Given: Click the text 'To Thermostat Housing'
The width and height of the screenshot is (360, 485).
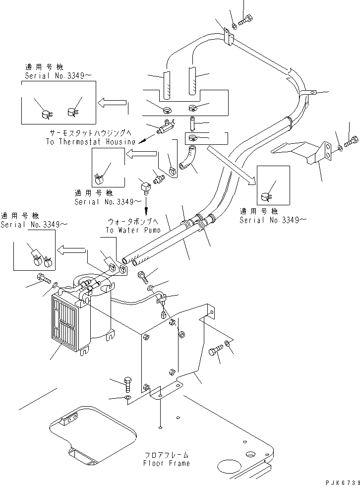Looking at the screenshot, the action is pyautogui.click(x=91, y=142).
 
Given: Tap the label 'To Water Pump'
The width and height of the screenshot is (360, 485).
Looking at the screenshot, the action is pyautogui.click(x=133, y=230).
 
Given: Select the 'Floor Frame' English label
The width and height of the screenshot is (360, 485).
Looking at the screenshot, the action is pyautogui.click(x=167, y=463).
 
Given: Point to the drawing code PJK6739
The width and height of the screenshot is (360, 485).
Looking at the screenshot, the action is pyautogui.click(x=342, y=482).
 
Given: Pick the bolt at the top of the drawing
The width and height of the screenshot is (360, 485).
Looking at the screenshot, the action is pyautogui.click(x=246, y=20).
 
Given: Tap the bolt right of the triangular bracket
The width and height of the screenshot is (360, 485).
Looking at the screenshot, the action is pyautogui.click(x=352, y=141).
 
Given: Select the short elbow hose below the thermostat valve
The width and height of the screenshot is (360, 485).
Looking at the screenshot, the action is pyautogui.click(x=187, y=158).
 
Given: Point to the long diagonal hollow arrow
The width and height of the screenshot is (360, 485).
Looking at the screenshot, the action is pyautogui.click(x=232, y=166).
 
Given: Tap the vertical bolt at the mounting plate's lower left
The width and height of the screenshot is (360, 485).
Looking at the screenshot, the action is pyautogui.click(x=128, y=384).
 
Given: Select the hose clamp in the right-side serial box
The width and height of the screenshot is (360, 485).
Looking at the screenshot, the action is pyautogui.click(x=266, y=197).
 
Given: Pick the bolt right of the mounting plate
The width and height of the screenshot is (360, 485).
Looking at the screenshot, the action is pyautogui.click(x=216, y=350).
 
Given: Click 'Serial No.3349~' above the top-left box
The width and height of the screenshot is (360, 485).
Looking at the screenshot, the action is pyautogui.click(x=59, y=76).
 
